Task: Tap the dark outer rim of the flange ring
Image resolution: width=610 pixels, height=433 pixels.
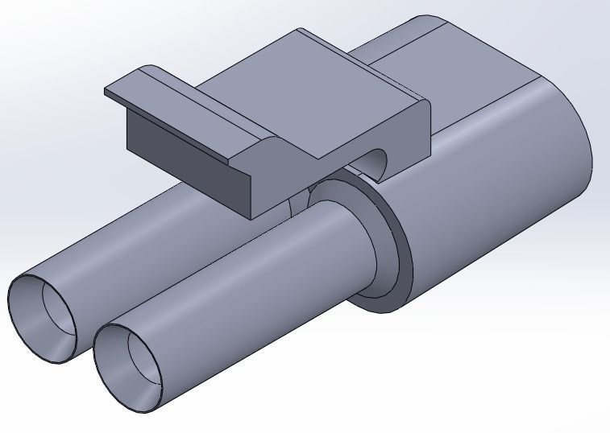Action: pos(403,266)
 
